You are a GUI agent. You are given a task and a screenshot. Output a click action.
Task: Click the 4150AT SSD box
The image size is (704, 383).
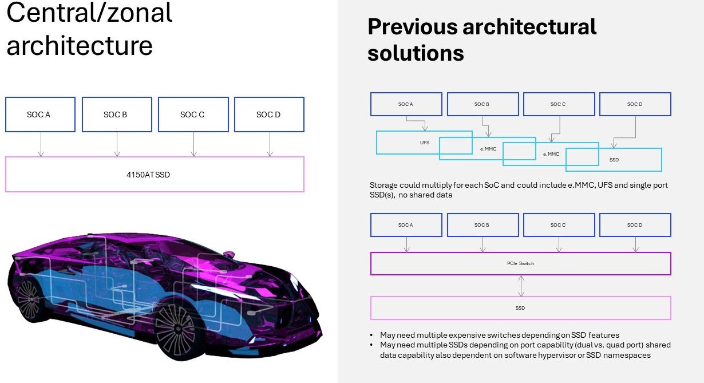click(x=155, y=174)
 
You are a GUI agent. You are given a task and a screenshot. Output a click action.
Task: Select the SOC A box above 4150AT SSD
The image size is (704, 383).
click(x=40, y=114)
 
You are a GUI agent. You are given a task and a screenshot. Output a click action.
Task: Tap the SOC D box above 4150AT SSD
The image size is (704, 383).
click(x=269, y=114)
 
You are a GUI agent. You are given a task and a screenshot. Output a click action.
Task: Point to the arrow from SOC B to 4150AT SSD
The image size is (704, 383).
click(x=117, y=145)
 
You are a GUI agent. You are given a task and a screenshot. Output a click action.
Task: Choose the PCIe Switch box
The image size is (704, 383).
click(x=520, y=263)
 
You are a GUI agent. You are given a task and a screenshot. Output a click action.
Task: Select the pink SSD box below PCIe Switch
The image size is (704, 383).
click(x=520, y=308)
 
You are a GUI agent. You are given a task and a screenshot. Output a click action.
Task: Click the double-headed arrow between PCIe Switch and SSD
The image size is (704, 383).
click(x=520, y=286)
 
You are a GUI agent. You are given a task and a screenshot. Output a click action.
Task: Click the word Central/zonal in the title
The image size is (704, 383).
click(x=89, y=13)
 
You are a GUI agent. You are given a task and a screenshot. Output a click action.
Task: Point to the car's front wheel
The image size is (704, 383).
click(x=176, y=330)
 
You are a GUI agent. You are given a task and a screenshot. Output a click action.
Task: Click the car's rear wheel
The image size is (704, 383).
click(x=29, y=298)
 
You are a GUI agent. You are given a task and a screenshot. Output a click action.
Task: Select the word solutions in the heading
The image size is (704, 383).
click(x=416, y=53)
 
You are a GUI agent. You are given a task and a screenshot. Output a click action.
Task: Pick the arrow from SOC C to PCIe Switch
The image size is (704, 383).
click(x=559, y=244)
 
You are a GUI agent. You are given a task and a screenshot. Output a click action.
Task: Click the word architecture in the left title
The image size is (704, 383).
click(x=79, y=46)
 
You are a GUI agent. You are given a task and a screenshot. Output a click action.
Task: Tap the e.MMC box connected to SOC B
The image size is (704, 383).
click(x=488, y=148)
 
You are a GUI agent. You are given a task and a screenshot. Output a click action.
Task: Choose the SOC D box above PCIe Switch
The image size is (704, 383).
click(x=635, y=225)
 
